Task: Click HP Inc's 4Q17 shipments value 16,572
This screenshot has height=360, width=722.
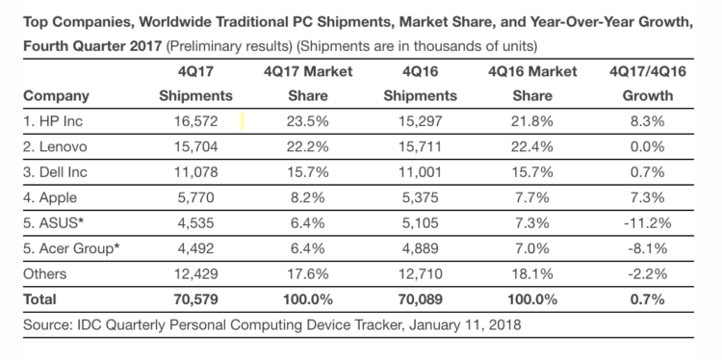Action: pyautogui.click(x=195, y=121)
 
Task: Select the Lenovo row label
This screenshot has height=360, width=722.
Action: pyautogui.click(x=55, y=146)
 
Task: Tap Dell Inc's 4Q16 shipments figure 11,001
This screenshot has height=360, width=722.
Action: pyautogui.click(x=420, y=172)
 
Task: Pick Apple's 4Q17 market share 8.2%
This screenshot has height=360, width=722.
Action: pyautogui.click(x=308, y=197)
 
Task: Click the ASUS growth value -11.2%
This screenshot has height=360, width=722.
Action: pyautogui.click(x=648, y=222)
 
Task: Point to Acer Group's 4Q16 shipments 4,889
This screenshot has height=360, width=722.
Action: pyautogui.click(x=420, y=248)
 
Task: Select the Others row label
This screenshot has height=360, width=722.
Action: pyautogui.click(x=44, y=274)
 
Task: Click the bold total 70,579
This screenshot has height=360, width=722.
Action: pyautogui.click(x=195, y=299)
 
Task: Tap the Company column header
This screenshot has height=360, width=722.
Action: pyautogui.click(x=56, y=96)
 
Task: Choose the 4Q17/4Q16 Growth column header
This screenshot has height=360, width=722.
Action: pyautogui.click(x=648, y=84)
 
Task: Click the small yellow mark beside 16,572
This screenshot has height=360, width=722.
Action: pyautogui.click(x=243, y=121)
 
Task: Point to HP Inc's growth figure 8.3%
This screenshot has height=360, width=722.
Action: pyautogui.click(x=648, y=121)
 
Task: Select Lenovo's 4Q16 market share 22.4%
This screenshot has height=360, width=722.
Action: pyautogui.click(x=531, y=146)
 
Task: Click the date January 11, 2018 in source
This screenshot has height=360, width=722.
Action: pyautogui.click(x=465, y=325)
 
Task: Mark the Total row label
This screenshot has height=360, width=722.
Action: pyautogui.click(x=39, y=299)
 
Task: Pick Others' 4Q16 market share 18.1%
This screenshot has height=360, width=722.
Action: pyautogui.click(x=531, y=274)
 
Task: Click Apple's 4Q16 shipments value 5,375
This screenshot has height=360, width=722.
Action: pyautogui.click(x=420, y=197)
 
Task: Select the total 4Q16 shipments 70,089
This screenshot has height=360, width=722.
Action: pyautogui.click(x=420, y=299)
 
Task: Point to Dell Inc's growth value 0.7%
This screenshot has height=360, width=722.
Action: pyautogui.click(x=648, y=172)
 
